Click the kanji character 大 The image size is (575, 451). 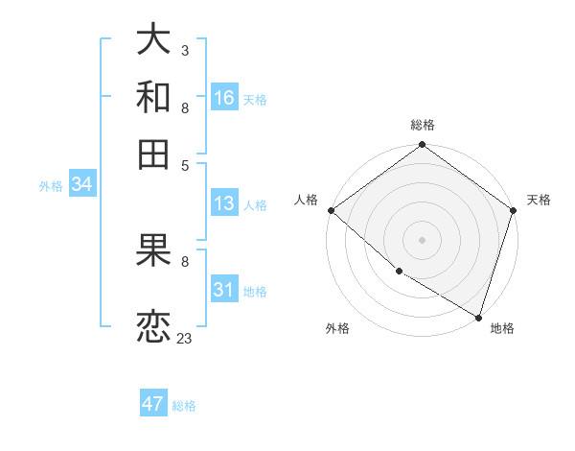154,40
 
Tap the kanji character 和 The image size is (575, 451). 154,97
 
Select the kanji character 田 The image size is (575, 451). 154,154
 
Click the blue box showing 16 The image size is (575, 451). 224,98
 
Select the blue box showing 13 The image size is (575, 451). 224,203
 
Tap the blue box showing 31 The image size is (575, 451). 224,290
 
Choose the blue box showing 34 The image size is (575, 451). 81,184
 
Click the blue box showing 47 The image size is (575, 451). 153,404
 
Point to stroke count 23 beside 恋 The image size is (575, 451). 184,339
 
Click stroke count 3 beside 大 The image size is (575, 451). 184,49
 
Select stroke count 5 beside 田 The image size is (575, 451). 184,164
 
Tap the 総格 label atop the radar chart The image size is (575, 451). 422,125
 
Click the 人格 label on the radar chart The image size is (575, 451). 306,200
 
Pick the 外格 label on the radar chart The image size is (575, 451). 337,328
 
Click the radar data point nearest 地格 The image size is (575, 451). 478,316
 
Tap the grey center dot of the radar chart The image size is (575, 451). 422,240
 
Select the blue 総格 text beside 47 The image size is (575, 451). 184,406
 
